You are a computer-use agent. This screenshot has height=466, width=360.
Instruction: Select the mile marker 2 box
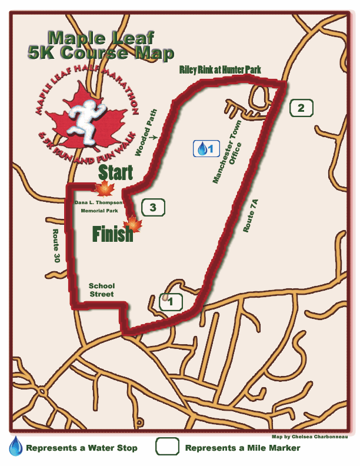(301, 108)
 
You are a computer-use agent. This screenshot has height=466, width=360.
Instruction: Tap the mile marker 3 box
(153, 207)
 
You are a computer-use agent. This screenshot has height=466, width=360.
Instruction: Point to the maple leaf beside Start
(105, 189)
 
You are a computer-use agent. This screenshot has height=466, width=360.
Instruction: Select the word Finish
(112, 234)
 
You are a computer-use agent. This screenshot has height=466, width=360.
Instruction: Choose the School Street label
(101, 289)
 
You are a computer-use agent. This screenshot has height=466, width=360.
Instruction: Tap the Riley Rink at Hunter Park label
(220, 71)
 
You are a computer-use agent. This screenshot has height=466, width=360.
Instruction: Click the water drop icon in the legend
(15, 447)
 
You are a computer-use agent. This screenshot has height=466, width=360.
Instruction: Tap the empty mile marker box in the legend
(167, 447)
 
